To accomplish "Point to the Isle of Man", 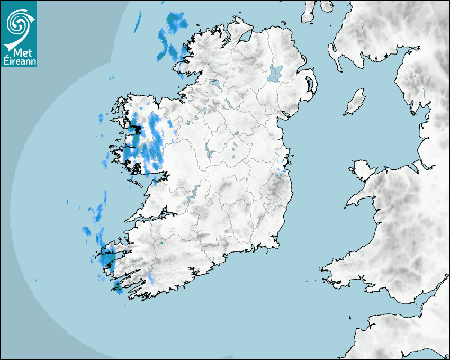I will tap(355, 102).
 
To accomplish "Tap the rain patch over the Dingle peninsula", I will tap(109, 259).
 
